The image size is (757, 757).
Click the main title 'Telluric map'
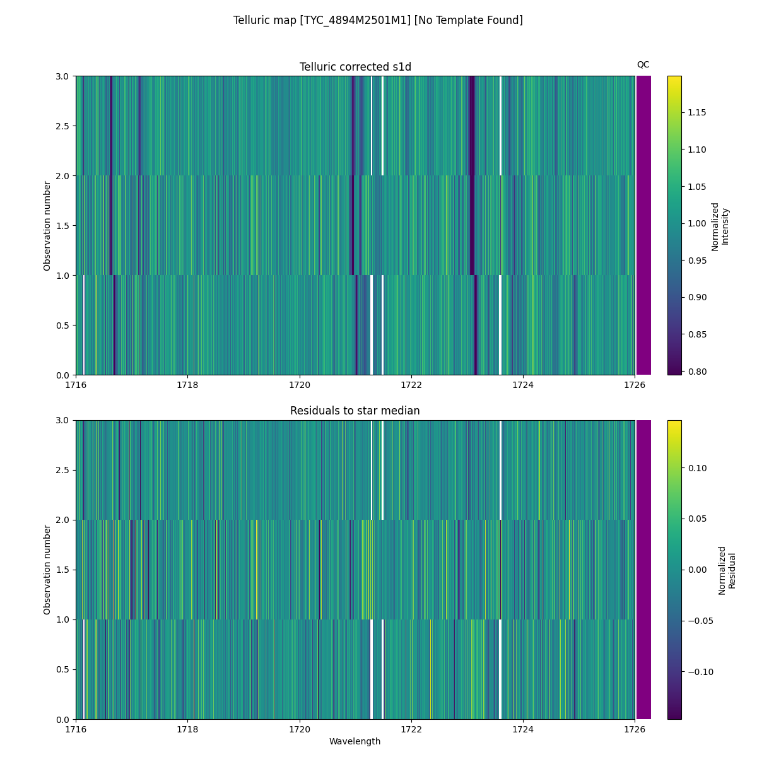pos(378,20)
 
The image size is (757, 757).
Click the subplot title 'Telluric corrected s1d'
pos(355,67)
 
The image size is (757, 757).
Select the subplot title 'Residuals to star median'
pos(355,411)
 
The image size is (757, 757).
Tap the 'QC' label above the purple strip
pos(643,64)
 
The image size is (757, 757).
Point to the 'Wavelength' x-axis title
pos(355,741)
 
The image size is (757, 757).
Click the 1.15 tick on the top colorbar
pos(696,112)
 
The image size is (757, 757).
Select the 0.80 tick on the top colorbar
pos(696,371)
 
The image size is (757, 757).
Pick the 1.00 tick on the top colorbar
pos(696,223)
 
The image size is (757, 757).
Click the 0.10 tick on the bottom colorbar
pos(696,468)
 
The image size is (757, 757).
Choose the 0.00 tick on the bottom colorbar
pos(696,570)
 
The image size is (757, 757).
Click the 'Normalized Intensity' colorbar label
pos(720,226)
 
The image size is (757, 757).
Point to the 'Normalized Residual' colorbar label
pos(727,570)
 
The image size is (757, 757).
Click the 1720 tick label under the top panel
pos(300,384)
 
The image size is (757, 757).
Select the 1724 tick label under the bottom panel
pos(523,729)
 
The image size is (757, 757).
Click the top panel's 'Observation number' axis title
pos(47,226)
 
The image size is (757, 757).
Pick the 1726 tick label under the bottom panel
pos(635,729)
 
